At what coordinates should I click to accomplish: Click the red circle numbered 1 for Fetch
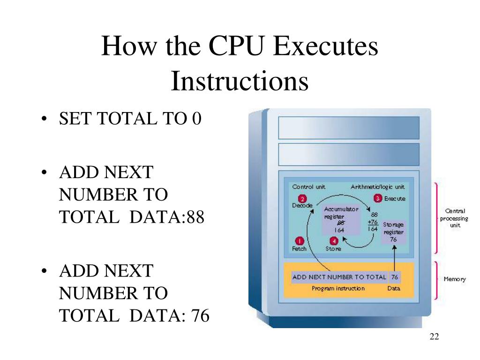(x=297, y=240)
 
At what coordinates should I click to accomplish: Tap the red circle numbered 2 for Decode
(x=302, y=198)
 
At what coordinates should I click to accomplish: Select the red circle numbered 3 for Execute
(x=377, y=198)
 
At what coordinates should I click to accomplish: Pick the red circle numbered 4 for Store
(x=333, y=241)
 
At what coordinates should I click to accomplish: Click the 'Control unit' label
(x=308, y=187)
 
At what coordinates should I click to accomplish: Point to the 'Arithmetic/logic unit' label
(x=377, y=187)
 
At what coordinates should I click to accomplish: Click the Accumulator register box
(x=340, y=219)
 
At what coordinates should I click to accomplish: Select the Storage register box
(x=393, y=232)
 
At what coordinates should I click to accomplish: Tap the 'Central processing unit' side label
(x=453, y=218)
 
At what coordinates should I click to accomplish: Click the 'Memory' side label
(x=454, y=279)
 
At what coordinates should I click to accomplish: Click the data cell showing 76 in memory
(x=394, y=277)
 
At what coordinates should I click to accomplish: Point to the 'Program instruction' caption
(x=338, y=288)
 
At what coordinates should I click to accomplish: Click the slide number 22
(x=434, y=338)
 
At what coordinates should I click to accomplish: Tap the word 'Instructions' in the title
(x=240, y=81)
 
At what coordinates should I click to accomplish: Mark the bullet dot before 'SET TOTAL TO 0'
(x=44, y=120)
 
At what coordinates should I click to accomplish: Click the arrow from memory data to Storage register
(x=394, y=257)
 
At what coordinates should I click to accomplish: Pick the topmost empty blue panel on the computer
(x=349, y=127)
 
